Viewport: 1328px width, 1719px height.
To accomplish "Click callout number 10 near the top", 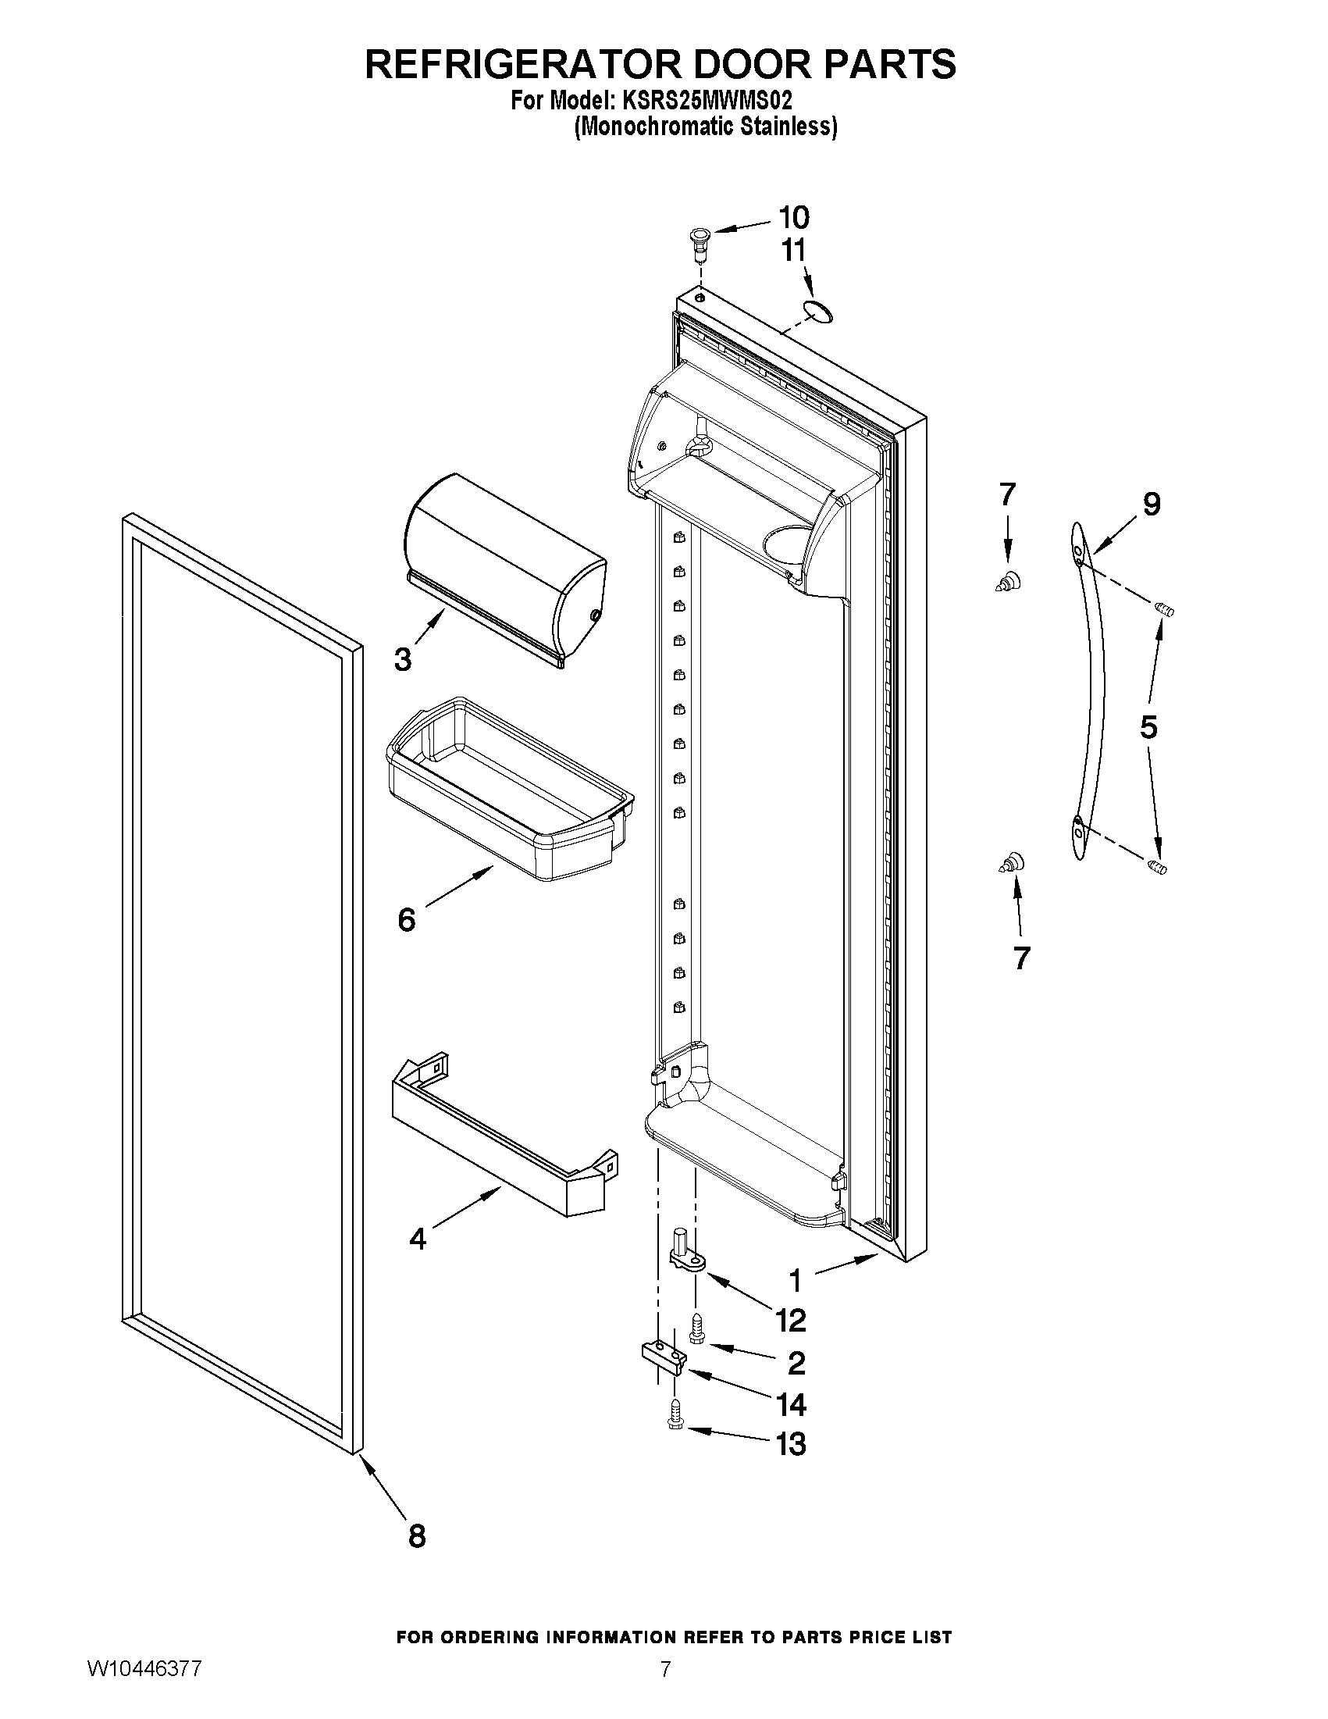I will [793, 216].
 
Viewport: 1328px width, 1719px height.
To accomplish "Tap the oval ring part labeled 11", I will [817, 312].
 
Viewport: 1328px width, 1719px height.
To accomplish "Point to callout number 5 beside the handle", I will [1148, 727].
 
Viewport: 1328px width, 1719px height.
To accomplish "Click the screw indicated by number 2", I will [696, 1331].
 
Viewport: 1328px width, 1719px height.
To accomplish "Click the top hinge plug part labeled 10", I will [697, 237].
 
